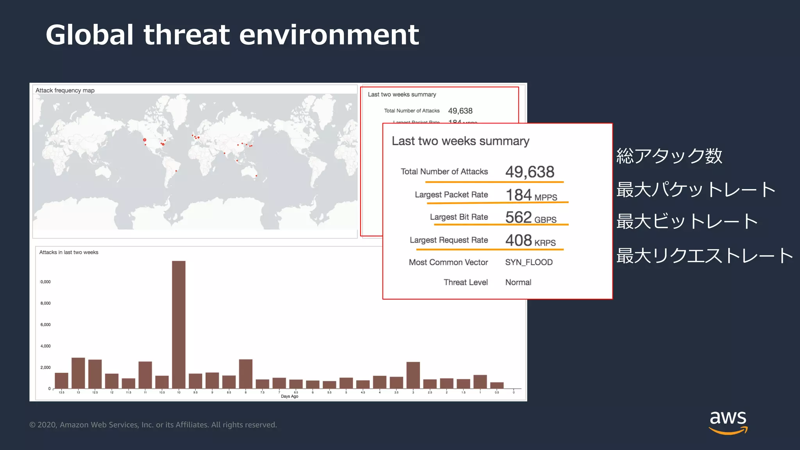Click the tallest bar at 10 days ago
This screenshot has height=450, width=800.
[179, 324]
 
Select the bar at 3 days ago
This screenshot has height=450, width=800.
[413, 375]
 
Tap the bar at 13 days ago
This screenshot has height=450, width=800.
[78, 373]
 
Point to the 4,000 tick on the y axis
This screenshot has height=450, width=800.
[45, 346]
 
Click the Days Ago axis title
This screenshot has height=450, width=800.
[289, 396]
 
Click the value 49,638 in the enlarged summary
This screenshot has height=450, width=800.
[530, 172]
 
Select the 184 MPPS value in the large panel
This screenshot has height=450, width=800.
[531, 195]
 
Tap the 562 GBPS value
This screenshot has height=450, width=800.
[531, 218]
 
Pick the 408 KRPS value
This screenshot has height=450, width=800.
[530, 241]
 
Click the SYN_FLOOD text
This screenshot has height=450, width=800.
[529, 262]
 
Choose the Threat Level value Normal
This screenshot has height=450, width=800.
[518, 282]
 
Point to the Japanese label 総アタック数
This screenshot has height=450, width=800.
[669, 156]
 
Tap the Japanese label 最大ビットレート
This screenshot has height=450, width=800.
[687, 221]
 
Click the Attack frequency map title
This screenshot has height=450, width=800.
[65, 90]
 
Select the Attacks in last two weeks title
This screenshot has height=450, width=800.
[69, 252]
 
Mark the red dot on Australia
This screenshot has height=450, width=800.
[256, 176]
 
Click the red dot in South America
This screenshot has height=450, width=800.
[176, 171]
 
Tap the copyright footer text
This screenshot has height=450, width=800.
[153, 425]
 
